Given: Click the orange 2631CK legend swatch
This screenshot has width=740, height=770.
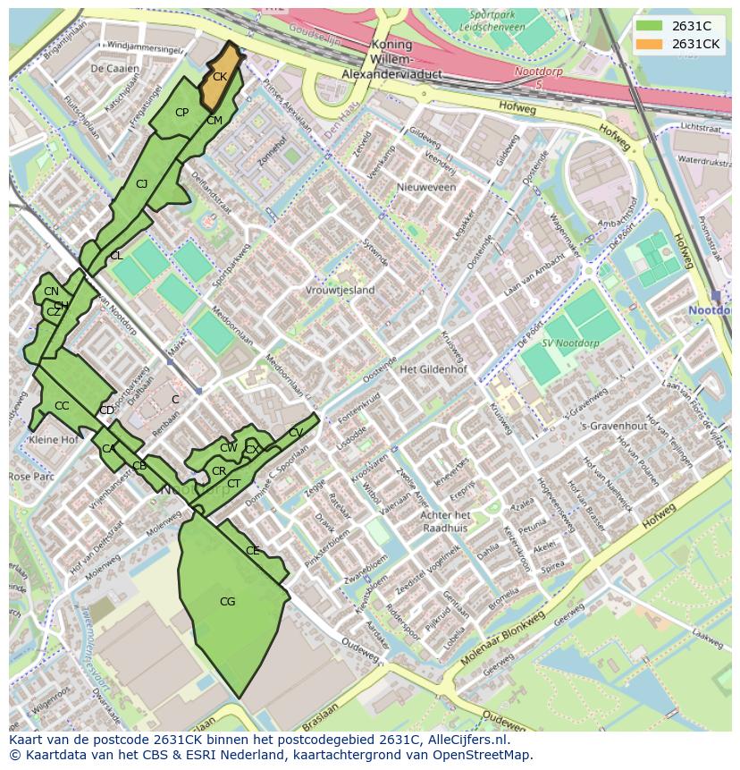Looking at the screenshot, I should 650,44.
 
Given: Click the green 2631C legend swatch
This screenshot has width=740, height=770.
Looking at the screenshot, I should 650,26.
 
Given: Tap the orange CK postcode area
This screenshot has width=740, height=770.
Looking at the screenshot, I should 220,77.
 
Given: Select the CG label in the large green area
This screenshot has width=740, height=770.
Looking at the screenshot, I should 227,602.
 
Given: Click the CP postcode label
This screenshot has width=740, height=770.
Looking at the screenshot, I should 181,113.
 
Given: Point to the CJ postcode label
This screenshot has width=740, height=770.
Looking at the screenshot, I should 141,184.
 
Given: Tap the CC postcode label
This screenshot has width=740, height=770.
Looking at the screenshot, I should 61,406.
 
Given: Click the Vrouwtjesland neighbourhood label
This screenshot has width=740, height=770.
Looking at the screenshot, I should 340,291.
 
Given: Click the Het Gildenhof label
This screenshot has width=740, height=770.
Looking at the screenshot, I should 433,369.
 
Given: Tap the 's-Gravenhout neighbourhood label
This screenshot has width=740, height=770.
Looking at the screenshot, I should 613,426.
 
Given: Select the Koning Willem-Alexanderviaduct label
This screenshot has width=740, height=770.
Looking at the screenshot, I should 391,60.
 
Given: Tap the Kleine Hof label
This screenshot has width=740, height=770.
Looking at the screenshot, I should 54,440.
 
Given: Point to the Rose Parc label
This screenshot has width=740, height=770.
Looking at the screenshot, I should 31,477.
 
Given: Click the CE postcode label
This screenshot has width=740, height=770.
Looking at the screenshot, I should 252,551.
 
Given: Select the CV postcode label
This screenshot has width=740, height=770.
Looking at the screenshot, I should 296,433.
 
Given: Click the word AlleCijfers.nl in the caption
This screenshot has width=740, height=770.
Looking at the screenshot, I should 467,740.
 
